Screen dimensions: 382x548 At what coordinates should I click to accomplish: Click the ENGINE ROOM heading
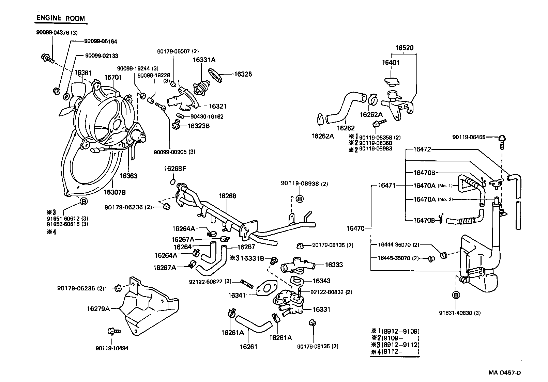[x=61, y=18]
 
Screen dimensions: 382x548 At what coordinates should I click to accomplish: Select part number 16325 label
[x=243, y=74]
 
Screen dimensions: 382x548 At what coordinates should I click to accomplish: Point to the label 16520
[x=404, y=48]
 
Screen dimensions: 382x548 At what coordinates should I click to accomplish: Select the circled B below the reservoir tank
[x=456, y=295]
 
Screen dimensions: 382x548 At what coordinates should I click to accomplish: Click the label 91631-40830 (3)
[x=460, y=313]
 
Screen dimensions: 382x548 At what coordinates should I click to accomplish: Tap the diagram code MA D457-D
[x=504, y=372]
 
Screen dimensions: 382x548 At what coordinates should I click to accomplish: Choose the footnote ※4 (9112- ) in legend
[x=395, y=352]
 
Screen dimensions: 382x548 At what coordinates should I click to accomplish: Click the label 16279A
[x=98, y=309]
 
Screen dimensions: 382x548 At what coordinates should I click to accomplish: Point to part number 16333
[x=334, y=265]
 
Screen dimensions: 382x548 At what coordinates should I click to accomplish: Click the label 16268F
[x=174, y=169]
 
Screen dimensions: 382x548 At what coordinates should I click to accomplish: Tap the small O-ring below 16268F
[x=173, y=181]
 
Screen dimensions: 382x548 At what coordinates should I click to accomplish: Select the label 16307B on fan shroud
[x=115, y=192]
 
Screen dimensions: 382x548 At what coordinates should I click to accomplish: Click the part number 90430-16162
[x=207, y=116]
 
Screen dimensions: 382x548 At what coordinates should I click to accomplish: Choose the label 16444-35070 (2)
[x=398, y=244]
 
